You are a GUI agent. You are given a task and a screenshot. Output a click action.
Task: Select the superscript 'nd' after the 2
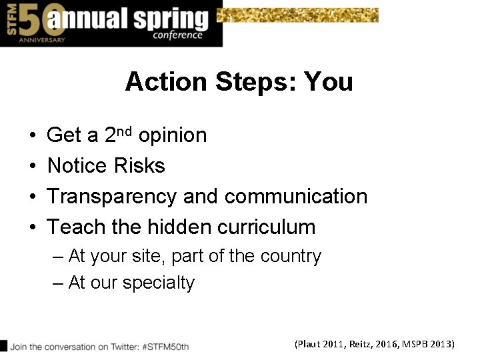pyautogui.click(x=127, y=130)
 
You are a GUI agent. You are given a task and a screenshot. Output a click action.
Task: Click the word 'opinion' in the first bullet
pyautogui.click(x=173, y=136)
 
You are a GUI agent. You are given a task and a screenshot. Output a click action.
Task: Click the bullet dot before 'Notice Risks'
pyautogui.click(x=33, y=166)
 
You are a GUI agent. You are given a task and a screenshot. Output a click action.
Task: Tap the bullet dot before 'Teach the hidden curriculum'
pyautogui.click(x=33, y=228)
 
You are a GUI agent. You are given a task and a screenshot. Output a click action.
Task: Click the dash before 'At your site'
pyautogui.click(x=58, y=257)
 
